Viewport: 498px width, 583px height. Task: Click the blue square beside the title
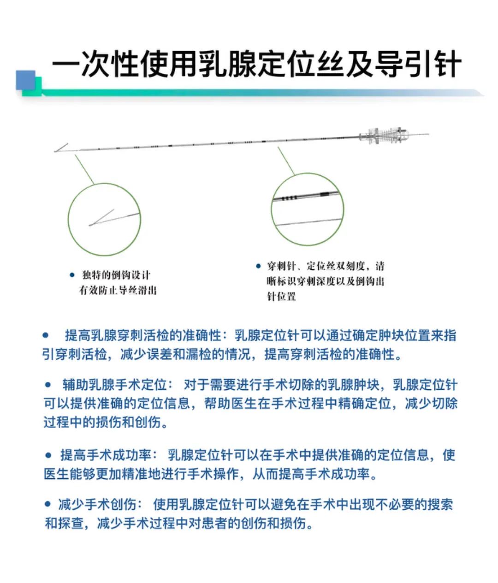click(26, 80)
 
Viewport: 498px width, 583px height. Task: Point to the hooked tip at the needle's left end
click(60, 149)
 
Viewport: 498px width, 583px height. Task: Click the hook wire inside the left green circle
click(106, 219)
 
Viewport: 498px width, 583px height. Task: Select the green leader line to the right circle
click(286, 161)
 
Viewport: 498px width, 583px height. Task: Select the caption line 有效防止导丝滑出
click(118, 291)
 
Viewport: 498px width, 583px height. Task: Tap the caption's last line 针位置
click(281, 297)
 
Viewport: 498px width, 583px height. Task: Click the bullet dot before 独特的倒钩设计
click(72, 275)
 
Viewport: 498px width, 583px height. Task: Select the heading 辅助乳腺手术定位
click(118, 385)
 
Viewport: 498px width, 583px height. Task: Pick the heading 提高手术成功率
click(106, 456)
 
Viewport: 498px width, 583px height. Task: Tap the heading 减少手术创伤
click(97, 505)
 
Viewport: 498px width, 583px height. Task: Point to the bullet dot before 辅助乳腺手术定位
click(48, 384)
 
